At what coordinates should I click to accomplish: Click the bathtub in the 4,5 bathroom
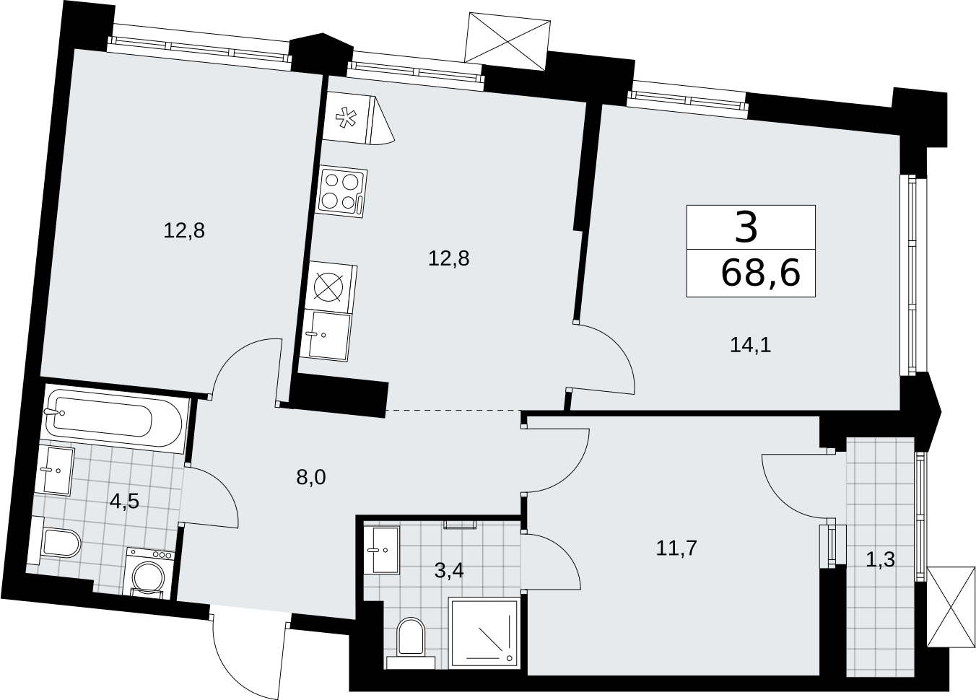(x=115, y=418)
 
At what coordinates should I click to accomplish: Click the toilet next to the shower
(x=411, y=636)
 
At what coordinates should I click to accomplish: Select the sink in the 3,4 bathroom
(x=382, y=550)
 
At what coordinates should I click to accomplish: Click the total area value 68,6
(x=760, y=274)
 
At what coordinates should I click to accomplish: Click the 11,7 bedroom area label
(x=676, y=548)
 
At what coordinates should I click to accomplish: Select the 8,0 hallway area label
(x=311, y=478)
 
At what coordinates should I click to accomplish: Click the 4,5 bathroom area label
(x=124, y=502)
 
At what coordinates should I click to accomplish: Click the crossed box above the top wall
(x=507, y=41)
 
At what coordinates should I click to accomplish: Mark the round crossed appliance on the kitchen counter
(x=328, y=287)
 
